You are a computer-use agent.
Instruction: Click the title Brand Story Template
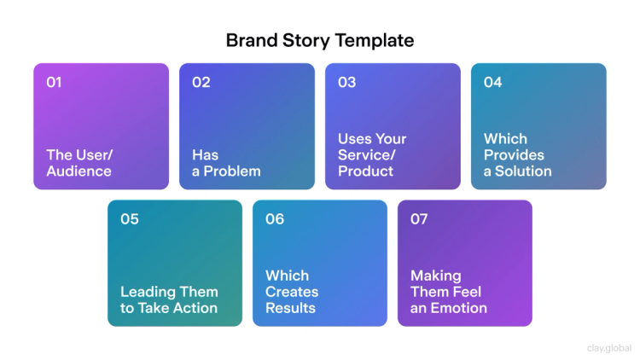(x=319, y=40)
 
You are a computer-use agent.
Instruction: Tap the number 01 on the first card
(x=54, y=83)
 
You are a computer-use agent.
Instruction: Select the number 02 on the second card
(x=201, y=83)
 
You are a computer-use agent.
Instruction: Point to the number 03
(x=346, y=83)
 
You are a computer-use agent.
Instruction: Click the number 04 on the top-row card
(x=492, y=83)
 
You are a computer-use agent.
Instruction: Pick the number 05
(x=129, y=219)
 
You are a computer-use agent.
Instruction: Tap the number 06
(x=274, y=219)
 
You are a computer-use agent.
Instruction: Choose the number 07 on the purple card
(x=419, y=219)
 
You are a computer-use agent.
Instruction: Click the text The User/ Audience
(x=79, y=163)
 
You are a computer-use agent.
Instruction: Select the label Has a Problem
(x=226, y=163)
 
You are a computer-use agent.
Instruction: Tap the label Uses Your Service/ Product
(x=372, y=154)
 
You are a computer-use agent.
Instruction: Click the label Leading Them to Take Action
(x=169, y=299)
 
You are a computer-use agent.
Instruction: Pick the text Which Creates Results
(x=292, y=292)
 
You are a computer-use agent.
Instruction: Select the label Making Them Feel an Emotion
(x=449, y=292)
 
